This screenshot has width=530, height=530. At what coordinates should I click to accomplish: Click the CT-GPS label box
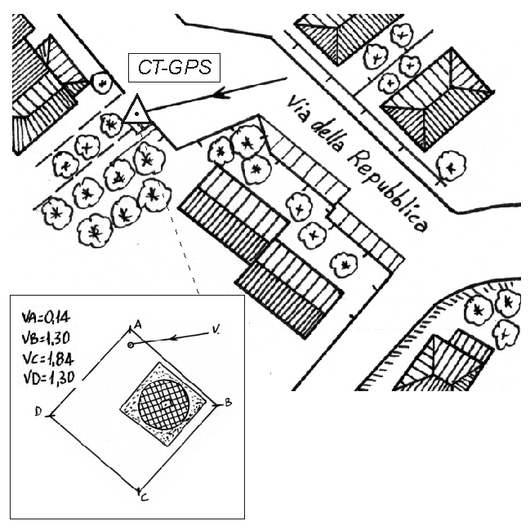point(174,68)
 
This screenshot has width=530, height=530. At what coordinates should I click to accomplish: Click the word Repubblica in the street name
point(386,192)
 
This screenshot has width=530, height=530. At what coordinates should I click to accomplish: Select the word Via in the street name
point(298,109)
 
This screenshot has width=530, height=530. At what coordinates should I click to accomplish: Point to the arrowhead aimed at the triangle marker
point(222,92)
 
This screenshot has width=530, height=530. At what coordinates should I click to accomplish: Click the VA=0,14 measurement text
point(46,318)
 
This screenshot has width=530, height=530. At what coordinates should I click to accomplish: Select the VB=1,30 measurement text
point(46,338)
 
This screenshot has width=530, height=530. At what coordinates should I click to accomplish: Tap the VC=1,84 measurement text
point(48,359)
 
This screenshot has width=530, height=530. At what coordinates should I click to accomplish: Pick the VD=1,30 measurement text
point(49,378)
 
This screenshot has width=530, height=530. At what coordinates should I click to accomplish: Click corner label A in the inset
point(137,325)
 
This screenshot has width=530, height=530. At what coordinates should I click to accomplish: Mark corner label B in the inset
point(229,403)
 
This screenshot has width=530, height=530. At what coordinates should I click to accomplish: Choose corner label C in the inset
point(145,497)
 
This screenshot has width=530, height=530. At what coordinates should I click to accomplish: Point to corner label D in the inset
point(38,411)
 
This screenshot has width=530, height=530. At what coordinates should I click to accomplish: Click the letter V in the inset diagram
point(215,330)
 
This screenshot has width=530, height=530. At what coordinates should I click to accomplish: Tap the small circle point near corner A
point(131,345)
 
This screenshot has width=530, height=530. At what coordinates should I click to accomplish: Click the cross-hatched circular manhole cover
point(165,404)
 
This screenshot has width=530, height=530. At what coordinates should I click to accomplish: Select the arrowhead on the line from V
point(175,337)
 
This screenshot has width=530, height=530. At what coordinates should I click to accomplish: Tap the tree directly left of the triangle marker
point(111,125)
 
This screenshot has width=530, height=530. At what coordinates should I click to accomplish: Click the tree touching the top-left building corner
point(102,82)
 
